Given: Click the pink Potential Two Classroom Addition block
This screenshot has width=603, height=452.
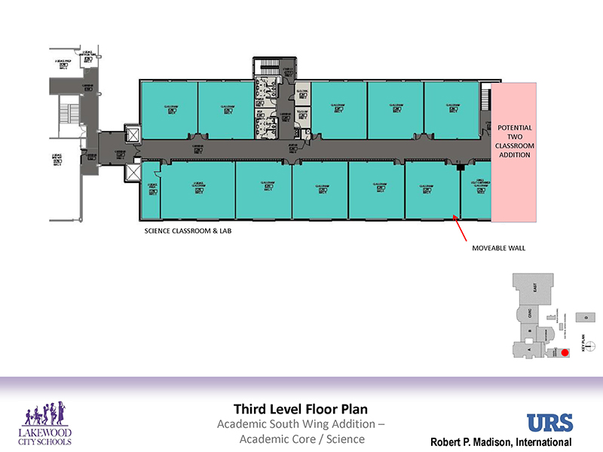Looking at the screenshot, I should pos(513,152).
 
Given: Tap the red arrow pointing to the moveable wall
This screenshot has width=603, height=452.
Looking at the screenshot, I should pos(461,224).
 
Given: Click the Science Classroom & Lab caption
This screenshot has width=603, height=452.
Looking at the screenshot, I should pos(188,231).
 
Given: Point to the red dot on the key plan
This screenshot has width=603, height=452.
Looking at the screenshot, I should pos(565,353).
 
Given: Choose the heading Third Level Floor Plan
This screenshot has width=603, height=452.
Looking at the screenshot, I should pos(301,410).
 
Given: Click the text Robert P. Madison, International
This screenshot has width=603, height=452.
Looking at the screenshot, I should pos(500,442).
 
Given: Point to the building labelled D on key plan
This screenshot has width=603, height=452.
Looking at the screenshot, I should pos(585,317).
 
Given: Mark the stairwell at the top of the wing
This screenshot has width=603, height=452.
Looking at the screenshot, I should pos(266,69).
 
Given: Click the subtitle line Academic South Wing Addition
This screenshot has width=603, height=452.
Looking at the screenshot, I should pos(301,425).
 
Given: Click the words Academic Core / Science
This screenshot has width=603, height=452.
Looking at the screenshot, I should pos(301,439).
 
